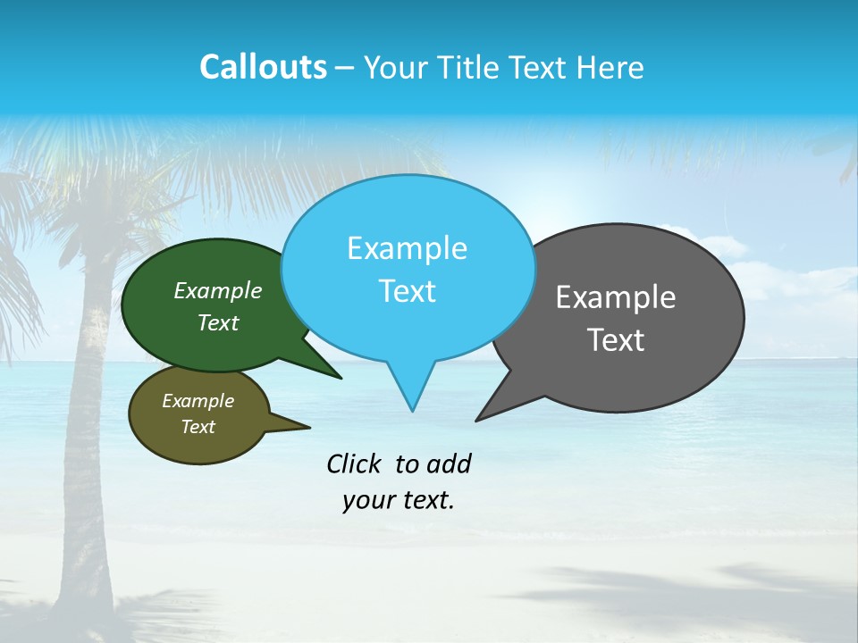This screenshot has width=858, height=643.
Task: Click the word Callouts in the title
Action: pos(263,68)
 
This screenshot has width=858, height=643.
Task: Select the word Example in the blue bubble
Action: pos(407,248)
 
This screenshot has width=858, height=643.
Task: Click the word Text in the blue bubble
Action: pos(407,291)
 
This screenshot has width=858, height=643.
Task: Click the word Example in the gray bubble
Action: pos(616,297)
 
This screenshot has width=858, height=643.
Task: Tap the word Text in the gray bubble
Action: pos(616,340)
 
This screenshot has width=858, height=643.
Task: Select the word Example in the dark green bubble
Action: pos(218,291)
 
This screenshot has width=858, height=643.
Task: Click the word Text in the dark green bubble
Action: pos(218,323)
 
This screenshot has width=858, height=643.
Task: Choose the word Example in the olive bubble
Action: pos(198,402)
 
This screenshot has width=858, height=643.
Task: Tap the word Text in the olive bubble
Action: pos(198,427)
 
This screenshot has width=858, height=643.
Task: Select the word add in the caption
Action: pos(449,463)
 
